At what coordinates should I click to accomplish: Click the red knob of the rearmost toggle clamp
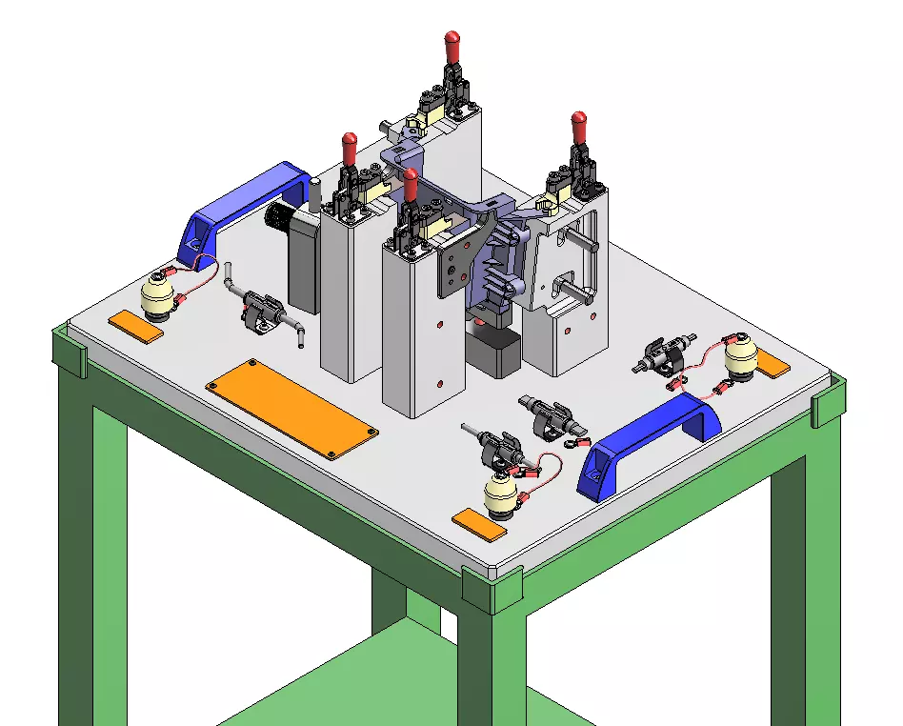coord(452,44)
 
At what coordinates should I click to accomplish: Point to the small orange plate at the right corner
coord(772,366)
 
